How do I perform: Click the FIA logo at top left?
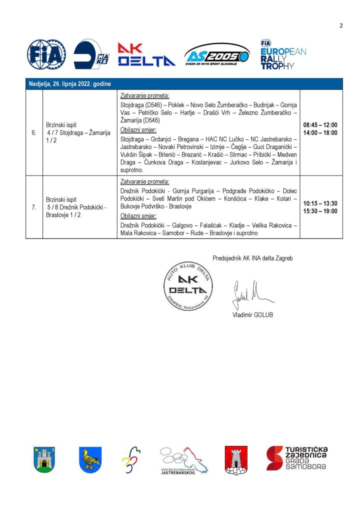(46, 54)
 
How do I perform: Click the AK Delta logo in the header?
(146, 55)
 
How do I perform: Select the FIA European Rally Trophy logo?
(283, 54)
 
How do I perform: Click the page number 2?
(341, 26)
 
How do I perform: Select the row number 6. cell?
(34, 132)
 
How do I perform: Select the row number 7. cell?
(34, 207)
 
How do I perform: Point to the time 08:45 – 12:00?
(320, 125)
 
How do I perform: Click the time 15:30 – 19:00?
(320, 211)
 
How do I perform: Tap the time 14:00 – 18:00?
(320, 132)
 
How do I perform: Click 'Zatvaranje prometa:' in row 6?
(145, 95)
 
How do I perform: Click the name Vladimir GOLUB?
(252, 315)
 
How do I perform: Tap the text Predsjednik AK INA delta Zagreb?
(252, 258)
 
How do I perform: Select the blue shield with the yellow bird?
(90, 459)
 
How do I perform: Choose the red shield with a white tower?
(236, 459)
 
